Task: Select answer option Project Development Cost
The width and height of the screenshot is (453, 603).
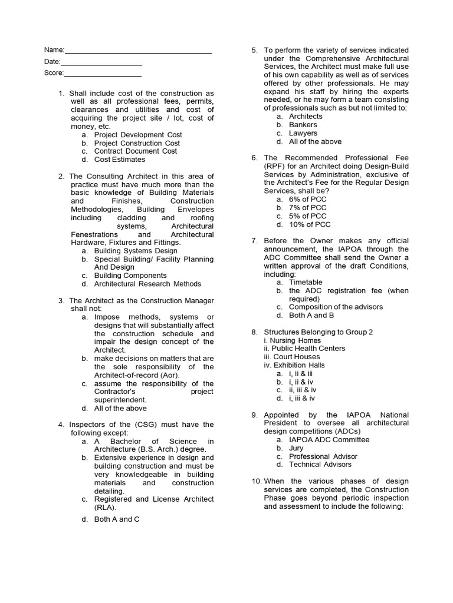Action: coord(138,135)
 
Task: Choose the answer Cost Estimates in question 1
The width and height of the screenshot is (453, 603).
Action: coord(119,160)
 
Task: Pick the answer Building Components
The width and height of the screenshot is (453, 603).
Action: coord(130,276)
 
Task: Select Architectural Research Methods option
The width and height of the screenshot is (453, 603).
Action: coord(147,284)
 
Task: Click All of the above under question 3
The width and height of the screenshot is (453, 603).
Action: coord(120,408)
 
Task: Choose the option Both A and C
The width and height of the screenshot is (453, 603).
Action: coord(117,519)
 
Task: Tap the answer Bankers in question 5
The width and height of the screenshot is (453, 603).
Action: coord(303,125)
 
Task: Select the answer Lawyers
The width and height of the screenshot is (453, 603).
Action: coord(303,133)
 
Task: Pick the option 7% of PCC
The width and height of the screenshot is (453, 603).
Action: coord(307,208)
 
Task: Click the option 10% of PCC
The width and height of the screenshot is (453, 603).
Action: coord(310,224)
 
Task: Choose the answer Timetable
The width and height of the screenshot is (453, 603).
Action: coord(306,283)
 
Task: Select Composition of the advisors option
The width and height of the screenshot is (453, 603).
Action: coord(336,307)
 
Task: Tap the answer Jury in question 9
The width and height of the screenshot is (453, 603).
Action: coord(297,448)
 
